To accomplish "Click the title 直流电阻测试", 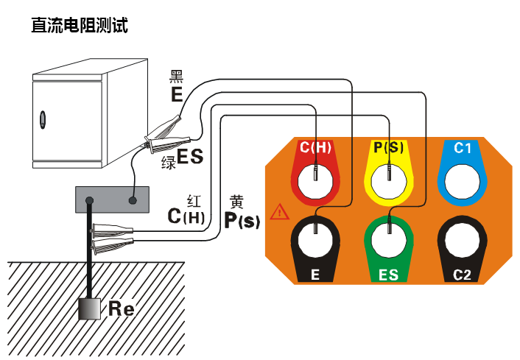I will click(x=80, y=25).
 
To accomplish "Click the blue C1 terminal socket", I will click(x=462, y=177).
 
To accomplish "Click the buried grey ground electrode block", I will click(x=90, y=308).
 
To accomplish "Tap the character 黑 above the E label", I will click(x=177, y=76).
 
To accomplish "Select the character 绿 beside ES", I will click(x=169, y=162).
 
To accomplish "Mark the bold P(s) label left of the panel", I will click(x=242, y=219).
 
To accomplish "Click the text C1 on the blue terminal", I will click(x=462, y=148).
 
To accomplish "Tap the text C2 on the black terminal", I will click(x=462, y=275).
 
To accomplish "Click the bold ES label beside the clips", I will click(x=190, y=157).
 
